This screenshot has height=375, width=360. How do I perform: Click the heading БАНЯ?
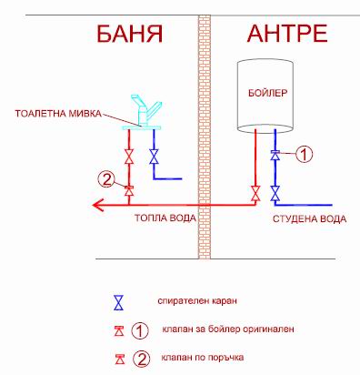[x=129, y=35]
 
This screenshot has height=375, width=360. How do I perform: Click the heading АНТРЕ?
[x=286, y=35]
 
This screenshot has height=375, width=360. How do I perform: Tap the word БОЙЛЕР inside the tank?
[x=267, y=92]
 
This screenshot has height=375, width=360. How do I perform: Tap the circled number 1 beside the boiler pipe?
[x=306, y=154]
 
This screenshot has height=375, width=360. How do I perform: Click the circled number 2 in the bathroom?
[x=106, y=179]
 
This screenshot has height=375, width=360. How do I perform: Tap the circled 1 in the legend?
[x=141, y=329]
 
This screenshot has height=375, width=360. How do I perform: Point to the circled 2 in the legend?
[x=141, y=357]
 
